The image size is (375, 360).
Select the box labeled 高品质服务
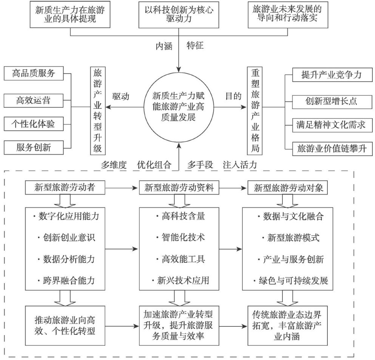tap(34, 74)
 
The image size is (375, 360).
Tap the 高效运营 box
tap(34, 100)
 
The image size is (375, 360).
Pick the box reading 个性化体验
tap(34, 124)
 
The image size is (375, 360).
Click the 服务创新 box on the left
tap(34, 148)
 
